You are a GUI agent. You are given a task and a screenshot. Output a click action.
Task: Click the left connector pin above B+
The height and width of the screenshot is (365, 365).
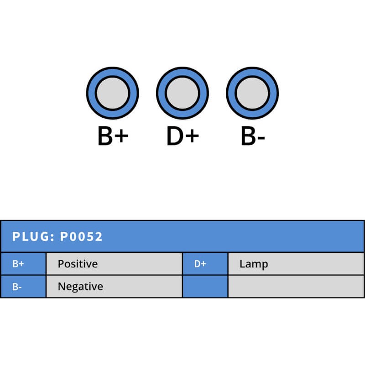click(x=112, y=93)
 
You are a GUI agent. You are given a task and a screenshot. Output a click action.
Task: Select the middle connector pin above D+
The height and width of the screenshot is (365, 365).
click(x=182, y=93)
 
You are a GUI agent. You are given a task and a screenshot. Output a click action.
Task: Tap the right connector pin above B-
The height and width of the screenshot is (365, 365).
click(x=252, y=93)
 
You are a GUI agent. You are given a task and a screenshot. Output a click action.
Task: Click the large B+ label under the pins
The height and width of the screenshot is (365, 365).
click(x=113, y=136)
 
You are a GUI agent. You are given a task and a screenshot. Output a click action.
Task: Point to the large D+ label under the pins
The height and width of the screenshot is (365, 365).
click(x=182, y=136)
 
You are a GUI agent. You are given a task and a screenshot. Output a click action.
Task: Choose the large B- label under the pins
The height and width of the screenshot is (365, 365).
click(x=253, y=136)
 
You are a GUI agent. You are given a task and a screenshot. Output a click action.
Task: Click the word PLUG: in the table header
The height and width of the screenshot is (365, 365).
click(x=34, y=237)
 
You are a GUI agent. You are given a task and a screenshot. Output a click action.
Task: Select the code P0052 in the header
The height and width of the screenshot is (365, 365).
click(x=82, y=237)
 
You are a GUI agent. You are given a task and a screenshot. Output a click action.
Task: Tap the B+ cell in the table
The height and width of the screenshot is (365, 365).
click(x=23, y=264)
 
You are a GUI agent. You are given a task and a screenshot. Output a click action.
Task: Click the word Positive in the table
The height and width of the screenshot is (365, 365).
click(x=78, y=264)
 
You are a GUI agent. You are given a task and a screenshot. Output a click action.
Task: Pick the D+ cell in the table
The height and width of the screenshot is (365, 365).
click(x=205, y=264)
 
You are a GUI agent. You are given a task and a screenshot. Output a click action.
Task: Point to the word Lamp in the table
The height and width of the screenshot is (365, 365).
click(x=254, y=264)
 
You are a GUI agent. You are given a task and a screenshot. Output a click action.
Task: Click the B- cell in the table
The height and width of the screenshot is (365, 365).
click(x=23, y=287)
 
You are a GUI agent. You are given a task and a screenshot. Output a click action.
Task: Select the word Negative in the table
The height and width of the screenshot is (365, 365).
click(x=80, y=287)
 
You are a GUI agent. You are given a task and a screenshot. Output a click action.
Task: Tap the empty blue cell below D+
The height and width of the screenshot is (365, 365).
click(x=205, y=287)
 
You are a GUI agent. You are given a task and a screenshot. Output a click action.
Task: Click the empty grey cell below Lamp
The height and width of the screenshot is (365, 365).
click(x=296, y=287)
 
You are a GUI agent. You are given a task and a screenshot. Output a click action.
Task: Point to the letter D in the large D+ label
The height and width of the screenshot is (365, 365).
click(x=175, y=136)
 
